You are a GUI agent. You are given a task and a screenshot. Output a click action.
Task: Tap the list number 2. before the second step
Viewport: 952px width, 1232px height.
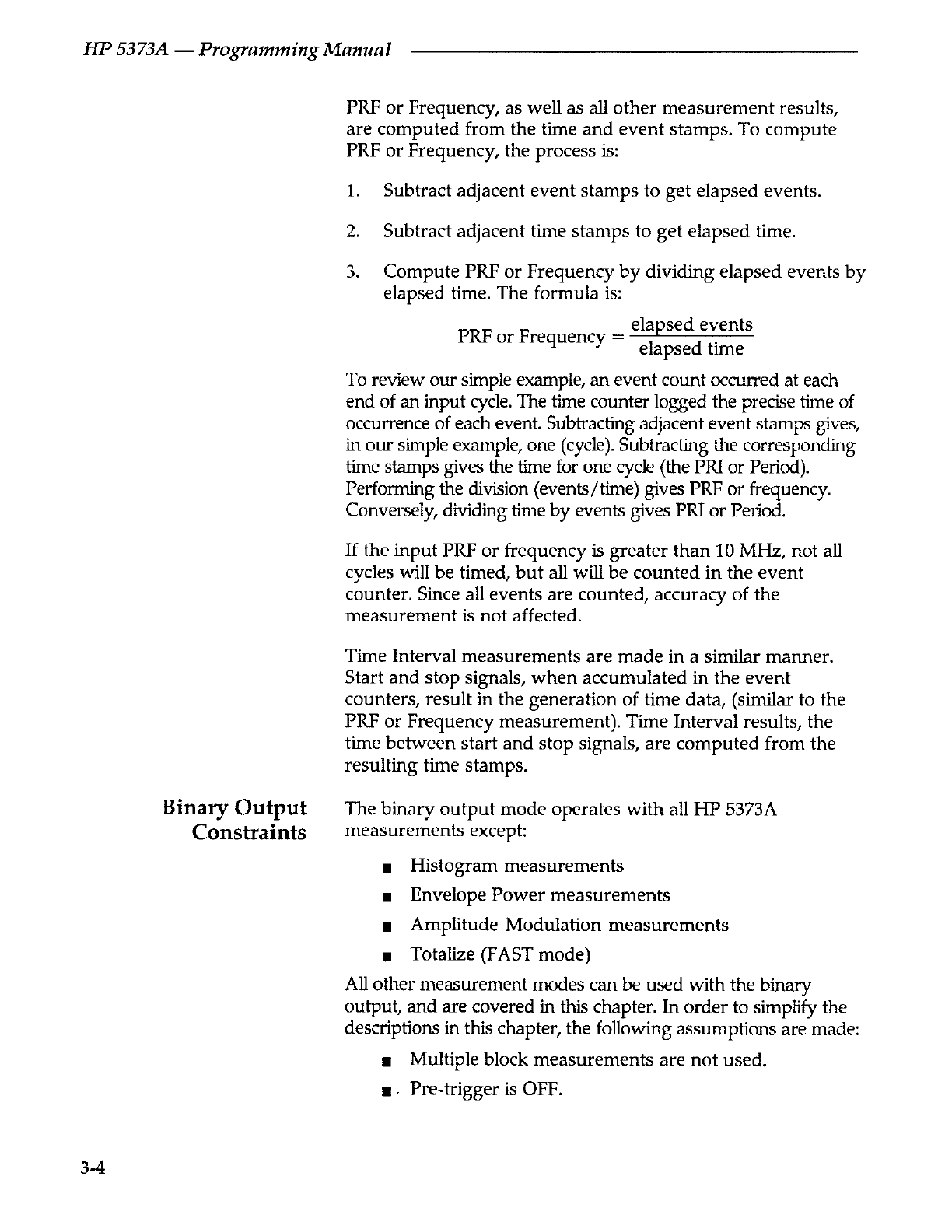click(352, 231)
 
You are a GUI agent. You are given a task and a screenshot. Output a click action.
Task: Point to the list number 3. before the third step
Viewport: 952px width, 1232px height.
click(352, 271)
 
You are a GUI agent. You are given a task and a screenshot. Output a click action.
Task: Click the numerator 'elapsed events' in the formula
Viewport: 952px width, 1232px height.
click(691, 324)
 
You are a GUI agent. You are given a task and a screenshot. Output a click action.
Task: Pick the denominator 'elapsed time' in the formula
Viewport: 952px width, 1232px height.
click(691, 349)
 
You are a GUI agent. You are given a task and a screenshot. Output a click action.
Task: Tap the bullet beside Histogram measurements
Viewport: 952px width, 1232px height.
click(386, 867)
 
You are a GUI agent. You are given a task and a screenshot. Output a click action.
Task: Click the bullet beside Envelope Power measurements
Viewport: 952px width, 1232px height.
click(386, 897)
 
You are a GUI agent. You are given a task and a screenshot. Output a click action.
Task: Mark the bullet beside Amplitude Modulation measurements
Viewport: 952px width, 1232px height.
click(386, 926)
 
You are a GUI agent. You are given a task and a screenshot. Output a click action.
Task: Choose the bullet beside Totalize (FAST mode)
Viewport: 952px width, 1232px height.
click(386, 955)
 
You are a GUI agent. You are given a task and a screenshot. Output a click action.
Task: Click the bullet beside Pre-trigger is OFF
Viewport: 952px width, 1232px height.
click(386, 1090)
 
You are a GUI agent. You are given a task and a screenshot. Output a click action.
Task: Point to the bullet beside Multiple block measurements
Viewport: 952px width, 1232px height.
click(386, 1061)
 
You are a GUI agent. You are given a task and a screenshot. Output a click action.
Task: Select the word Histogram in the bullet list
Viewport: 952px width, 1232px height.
click(454, 866)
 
